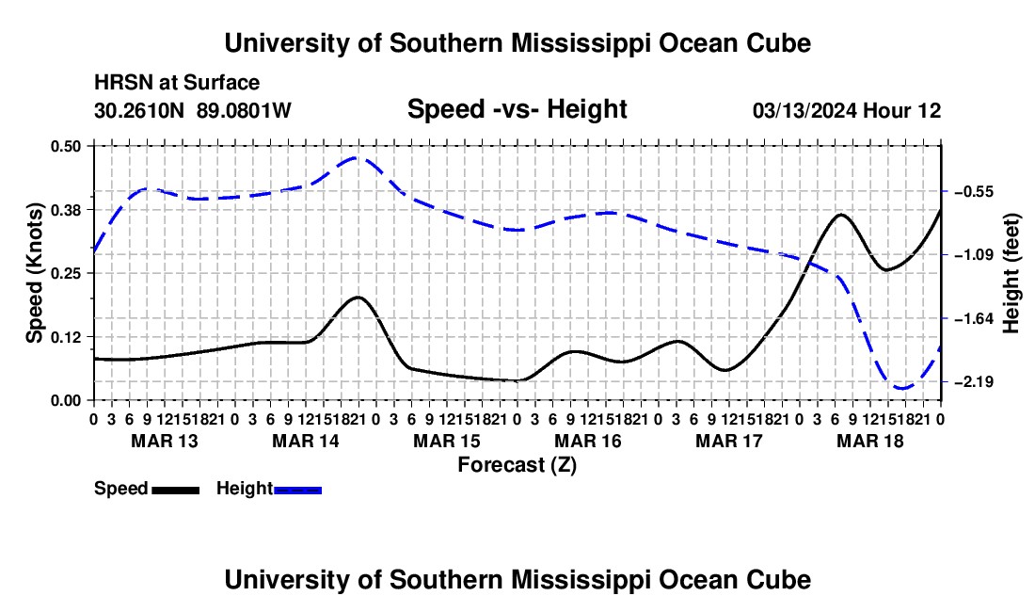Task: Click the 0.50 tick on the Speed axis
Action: tap(65, 146)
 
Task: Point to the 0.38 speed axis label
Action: tap(65, 210)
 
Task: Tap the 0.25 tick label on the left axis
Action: tap(65, 273)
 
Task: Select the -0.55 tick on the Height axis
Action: tap(974, 192)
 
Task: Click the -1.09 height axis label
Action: tap(974, 255)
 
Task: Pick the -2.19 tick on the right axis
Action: tap(974, 382)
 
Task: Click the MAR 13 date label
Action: tap(165, 441)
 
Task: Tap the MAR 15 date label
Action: tap(447, 441)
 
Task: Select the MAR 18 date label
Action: tap(870, 441)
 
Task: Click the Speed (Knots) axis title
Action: tap(34, 273)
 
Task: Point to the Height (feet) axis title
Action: tap(1011, 273)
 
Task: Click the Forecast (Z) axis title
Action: tap(517, 465)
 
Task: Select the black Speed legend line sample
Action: tap(176, 490)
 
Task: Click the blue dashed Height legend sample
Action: tap(297, 490)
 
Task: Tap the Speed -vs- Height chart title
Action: tap(517, 109)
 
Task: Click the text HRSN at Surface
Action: tap(177, 83)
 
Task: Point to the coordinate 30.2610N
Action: tap(139, 110)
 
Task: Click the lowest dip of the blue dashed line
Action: tap(901, 388)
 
